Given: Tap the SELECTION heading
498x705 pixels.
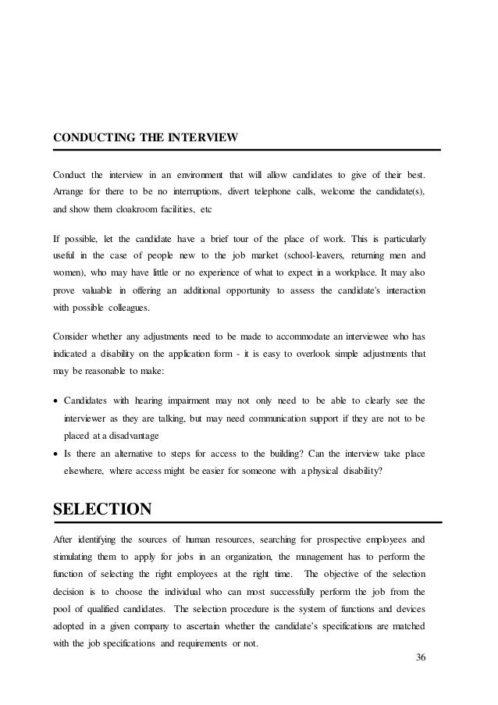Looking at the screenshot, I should [x=101, y=510].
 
